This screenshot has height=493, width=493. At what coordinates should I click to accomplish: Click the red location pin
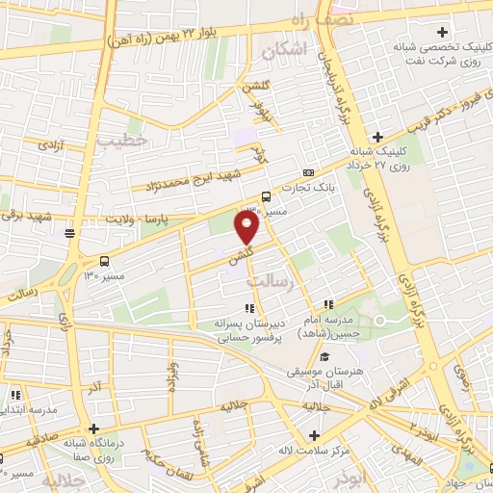tap(248, 227)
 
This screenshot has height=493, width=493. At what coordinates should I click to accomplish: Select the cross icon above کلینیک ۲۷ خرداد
tap(378, 137)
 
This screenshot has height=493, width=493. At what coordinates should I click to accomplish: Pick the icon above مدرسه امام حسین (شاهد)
tap(329, 305)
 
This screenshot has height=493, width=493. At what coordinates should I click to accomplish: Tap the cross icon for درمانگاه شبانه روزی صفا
tap(93, 429)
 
